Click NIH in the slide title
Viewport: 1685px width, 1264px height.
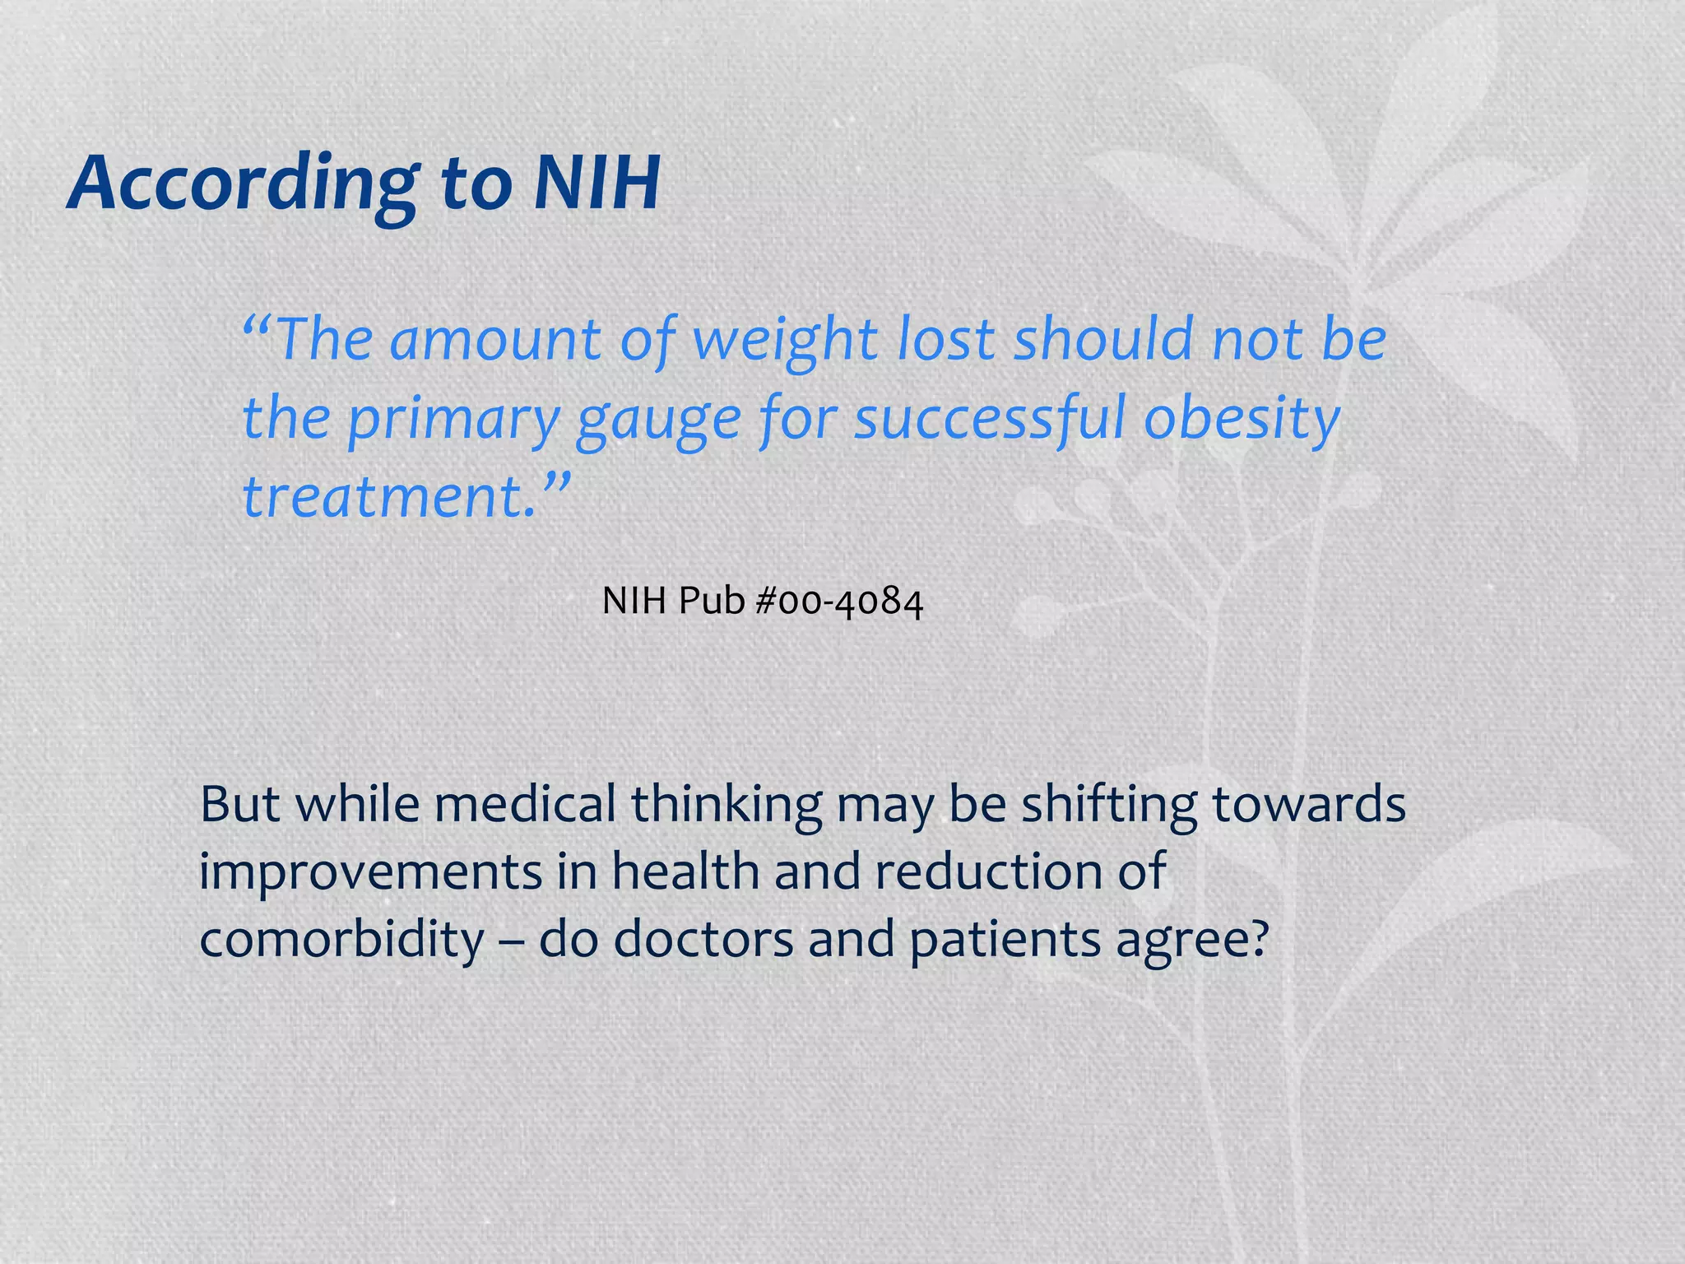tap(596, 183)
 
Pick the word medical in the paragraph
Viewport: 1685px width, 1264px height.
tap(525, 804)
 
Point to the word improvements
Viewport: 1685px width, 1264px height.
tap(370, 871)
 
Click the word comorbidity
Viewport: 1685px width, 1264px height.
tap(342, 939)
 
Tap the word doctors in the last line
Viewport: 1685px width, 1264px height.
tap(704, 939)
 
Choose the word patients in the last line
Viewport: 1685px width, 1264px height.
tap(1004, 939)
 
